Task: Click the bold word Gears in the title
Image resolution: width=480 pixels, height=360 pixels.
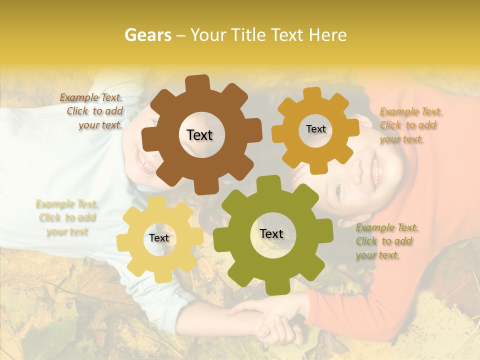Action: click(x=147, y=35)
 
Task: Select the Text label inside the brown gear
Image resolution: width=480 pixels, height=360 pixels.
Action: click(x=199, y=135)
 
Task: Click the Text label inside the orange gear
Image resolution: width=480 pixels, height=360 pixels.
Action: click(x=315, y=129)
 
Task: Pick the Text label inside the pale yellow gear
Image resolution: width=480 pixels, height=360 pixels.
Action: click(x=159, y=238)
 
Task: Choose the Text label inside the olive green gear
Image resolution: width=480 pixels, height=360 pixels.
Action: click(x=271, y=233)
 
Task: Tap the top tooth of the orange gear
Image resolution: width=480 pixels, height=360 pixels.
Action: click(x=312, y=94)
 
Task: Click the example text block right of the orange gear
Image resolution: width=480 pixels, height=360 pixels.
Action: click(x=409, y=125)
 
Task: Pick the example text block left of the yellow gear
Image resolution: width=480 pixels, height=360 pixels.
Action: click(x=66, y=217)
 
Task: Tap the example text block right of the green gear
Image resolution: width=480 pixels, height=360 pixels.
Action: click(x=386, y=241)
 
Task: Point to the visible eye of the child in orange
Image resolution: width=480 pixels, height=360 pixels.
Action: click(x=338, y=190)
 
